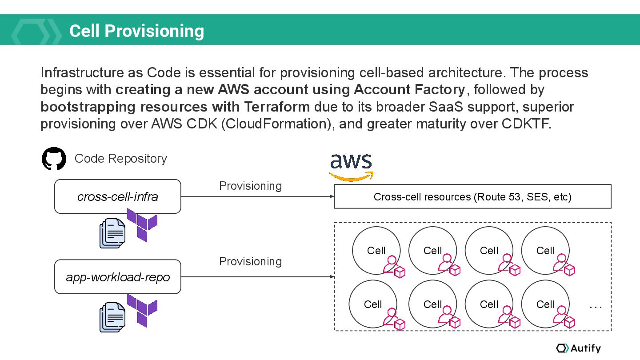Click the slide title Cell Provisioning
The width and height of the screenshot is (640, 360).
136,31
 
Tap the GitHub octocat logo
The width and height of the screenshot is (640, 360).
54,159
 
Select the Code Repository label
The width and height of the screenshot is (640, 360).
120,159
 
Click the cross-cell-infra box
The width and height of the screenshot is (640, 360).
117,196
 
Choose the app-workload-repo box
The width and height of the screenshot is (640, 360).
117,277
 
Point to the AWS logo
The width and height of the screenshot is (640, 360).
351,167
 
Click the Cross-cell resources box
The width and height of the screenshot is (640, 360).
472,196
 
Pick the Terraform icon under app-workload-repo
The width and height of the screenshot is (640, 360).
142,310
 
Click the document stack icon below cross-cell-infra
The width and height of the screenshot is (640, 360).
112,233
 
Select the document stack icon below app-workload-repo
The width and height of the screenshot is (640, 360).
112,317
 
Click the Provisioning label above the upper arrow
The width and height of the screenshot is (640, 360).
250,186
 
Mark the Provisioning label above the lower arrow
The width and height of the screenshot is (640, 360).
250,261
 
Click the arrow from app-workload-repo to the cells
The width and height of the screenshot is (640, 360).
257,277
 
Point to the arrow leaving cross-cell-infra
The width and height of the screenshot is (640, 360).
257,196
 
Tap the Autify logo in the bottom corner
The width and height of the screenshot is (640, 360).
578,348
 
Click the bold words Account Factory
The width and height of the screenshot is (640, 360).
409,90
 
